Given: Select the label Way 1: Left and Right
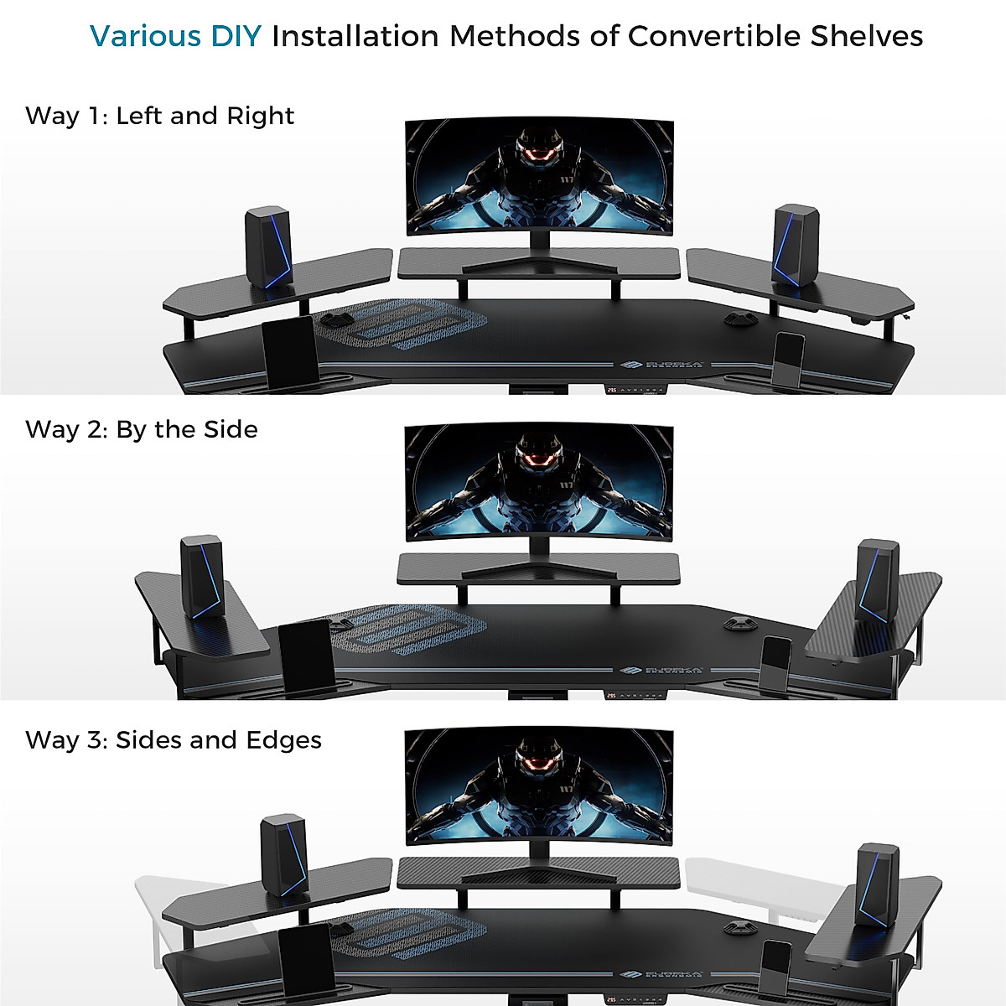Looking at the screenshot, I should (159, 116).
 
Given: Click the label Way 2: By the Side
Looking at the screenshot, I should (141, 429).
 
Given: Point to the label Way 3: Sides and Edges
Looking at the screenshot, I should (173, 740).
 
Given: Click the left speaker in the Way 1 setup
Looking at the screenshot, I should (268, 247).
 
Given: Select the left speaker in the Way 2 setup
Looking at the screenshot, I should (201, 577).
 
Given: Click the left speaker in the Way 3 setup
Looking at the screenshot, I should (284, 855).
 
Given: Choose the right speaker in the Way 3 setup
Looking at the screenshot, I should (877, 884).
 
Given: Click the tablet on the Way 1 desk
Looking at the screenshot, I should (290, 353).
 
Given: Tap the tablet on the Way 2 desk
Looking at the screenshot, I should (305, 653).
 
